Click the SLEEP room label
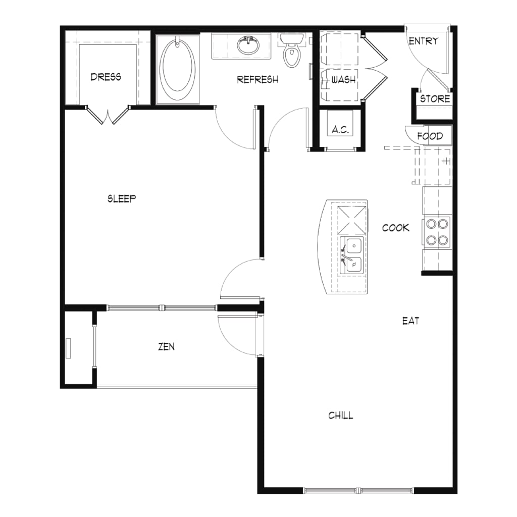pos(122,198)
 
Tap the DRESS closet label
pos(106,77)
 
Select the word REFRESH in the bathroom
pos(257,79)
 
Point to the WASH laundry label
pos(343,80)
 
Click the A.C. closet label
pos(340,130)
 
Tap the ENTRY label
pos(424,41)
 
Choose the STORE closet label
pos(435,98)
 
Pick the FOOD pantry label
pos(430,136)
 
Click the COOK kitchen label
pos(396,228)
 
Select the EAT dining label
pos(411,321)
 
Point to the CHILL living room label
pos(341,416)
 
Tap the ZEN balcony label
pos(167,346)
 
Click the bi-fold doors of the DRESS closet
pos(108,115)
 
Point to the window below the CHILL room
pos(358,490)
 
